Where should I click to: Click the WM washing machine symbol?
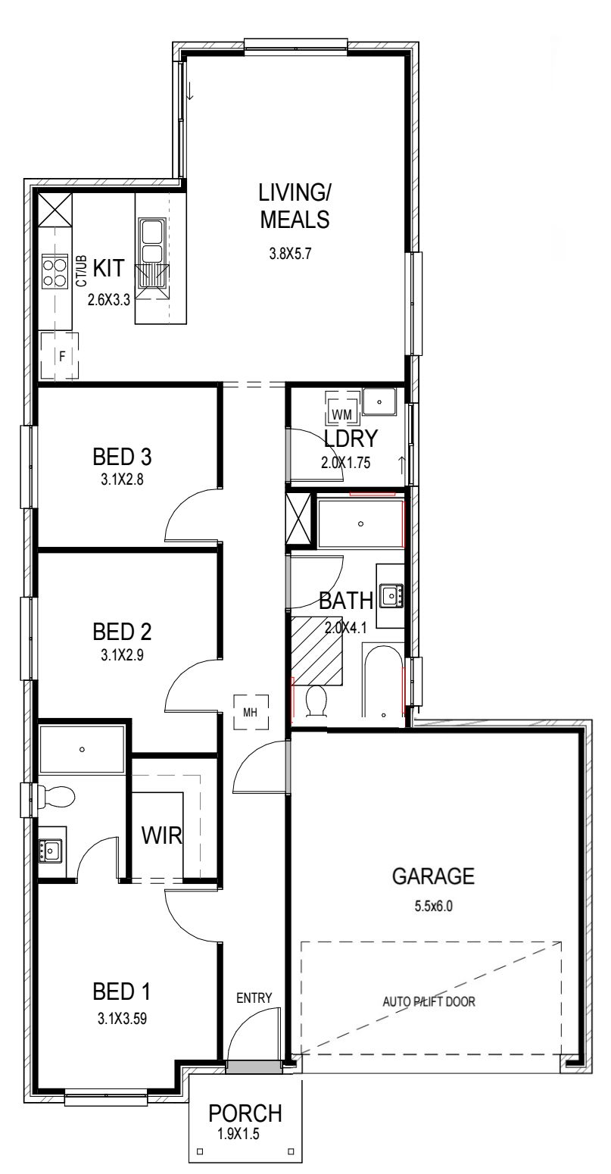pyautogui.click(x=341, y=407)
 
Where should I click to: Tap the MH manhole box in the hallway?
pyautogui.click(x=251, y=712)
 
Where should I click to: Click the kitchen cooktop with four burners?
pyautogui.click(x=55, y=270)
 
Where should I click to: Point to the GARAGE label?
pyautogui.click(x=433, y=876)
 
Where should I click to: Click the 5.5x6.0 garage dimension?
pyautogui.click(x=433, y=906)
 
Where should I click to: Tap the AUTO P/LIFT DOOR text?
pyautogui.click(x=429, y=1001)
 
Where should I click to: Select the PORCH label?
pyautogui.click(x=245, y=1113)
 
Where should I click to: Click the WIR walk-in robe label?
pyautogui.click(x=161, y=835)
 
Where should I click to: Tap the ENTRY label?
pyautogui.click(x=254, y=998)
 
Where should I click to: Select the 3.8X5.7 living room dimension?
pyautogui.click(x=290, y=254)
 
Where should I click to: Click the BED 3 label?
pyautogui.click(x=122, y=457)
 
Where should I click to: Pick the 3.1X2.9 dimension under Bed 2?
pyautogui.click(x=122, y=654)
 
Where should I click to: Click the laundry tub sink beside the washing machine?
pyautogui.click(x=379, y=402)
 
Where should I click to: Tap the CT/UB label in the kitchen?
pyautogui.click(x=81, y=270)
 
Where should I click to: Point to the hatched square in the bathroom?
pyautogui.click(x=317, y=651)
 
